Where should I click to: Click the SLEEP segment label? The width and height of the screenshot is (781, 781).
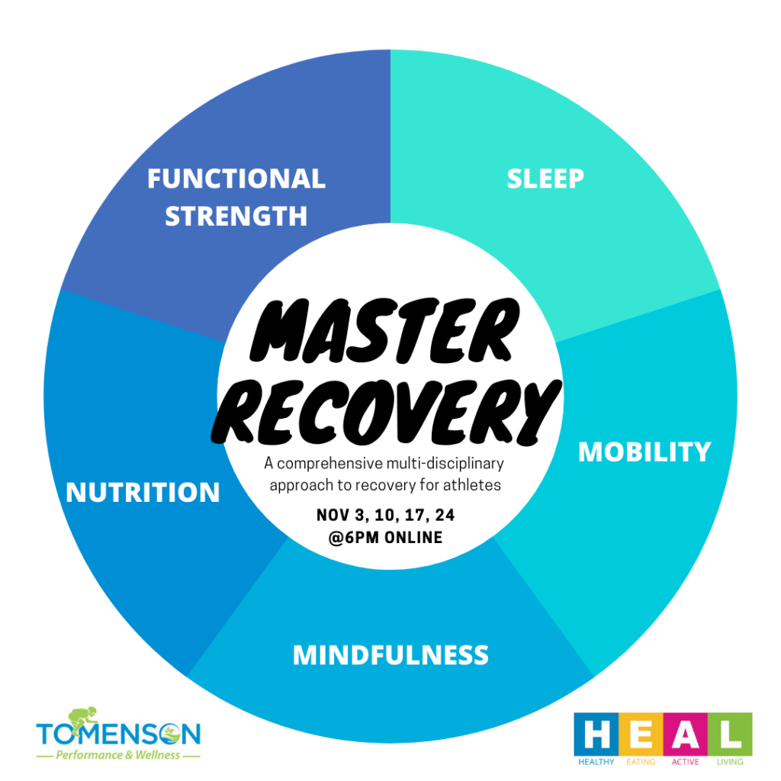(x=545, y=178)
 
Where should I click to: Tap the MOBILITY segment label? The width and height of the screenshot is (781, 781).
(x=644, y=452)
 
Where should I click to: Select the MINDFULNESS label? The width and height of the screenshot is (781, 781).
(x=390, y=654)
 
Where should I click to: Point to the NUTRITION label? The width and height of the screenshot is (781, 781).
(x=143, y=492)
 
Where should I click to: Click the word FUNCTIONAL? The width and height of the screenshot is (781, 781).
(x=236, y=178)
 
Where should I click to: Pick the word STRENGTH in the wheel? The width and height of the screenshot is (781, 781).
(x=236, y=216)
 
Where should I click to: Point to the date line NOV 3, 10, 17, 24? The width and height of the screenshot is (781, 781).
(x=385, y=516)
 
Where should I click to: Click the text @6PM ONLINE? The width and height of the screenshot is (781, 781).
(x=385, y=538)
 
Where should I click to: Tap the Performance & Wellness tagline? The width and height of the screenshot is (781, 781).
(x=118, y=755)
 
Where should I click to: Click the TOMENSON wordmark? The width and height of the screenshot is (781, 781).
(x=118, y=735)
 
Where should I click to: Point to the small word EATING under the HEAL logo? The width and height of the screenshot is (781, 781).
(x=638, y=762)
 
